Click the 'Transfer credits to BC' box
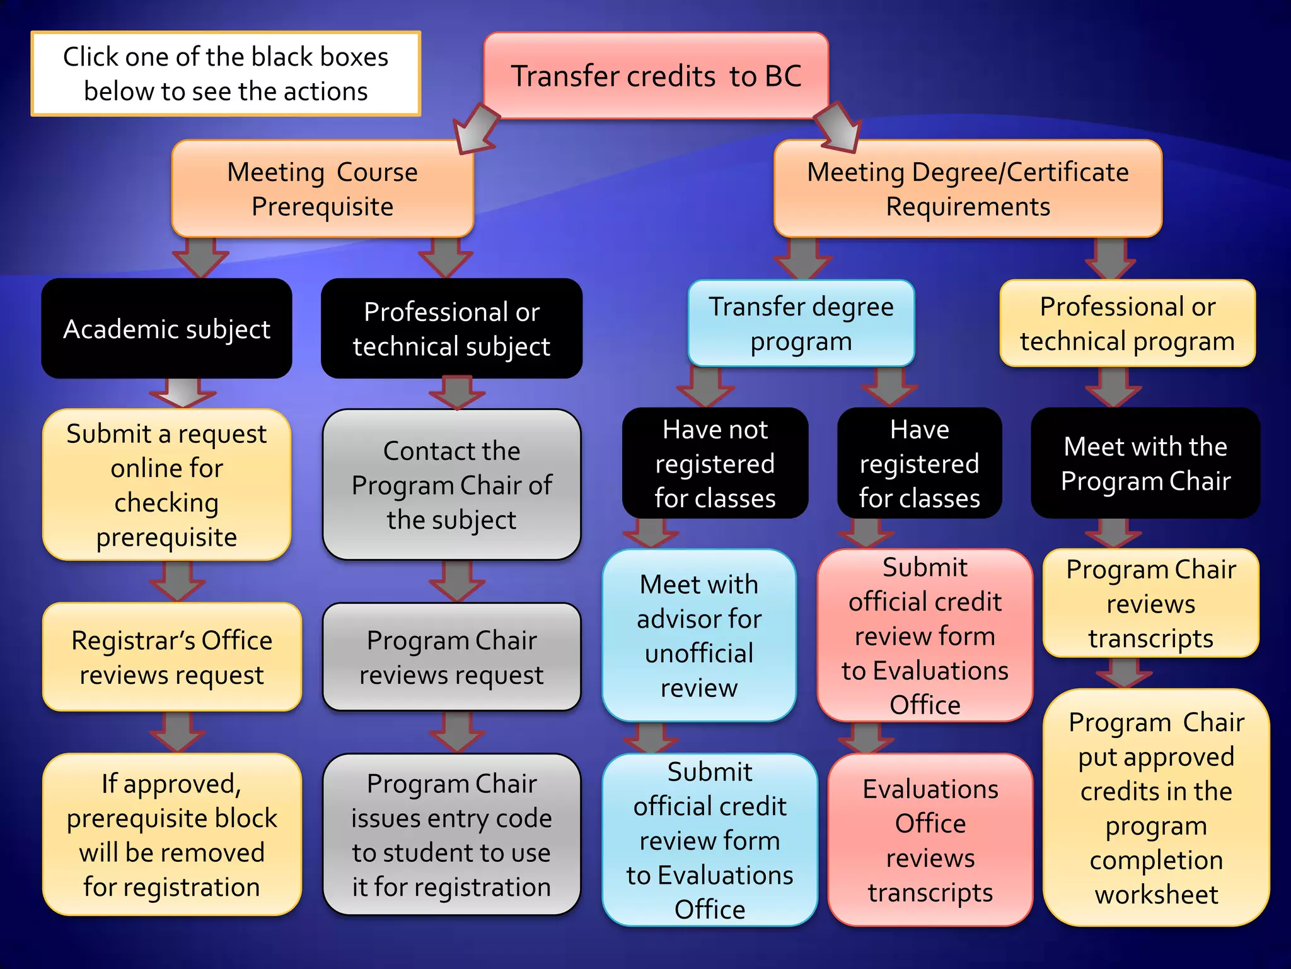(x=656, y=76)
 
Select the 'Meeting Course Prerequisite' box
(x=322, y=189)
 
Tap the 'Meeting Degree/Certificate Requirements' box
(x=968, y=189)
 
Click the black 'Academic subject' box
(x=166, y=329)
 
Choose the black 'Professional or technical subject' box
(x=451, y=329)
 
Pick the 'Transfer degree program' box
(x=801, y=323)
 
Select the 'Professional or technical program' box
(x=1127, y=323)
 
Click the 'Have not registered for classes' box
(x=715, y=463)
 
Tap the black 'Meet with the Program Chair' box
(x=1145, y=463)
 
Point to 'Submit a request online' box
(x=166, y=484)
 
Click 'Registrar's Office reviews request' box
(x=171, y=657)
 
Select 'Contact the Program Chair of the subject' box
(x=451, y=484)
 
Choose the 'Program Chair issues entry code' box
(x=451, y=834)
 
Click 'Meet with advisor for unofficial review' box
(x=698, y=635)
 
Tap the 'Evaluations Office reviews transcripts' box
(x=930, y=840)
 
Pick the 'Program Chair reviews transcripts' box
(x=1150, y=603)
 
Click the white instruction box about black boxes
(x=226, y=74)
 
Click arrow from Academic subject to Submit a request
(x=183, y=393)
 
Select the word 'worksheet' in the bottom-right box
(x=1156, y=895)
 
